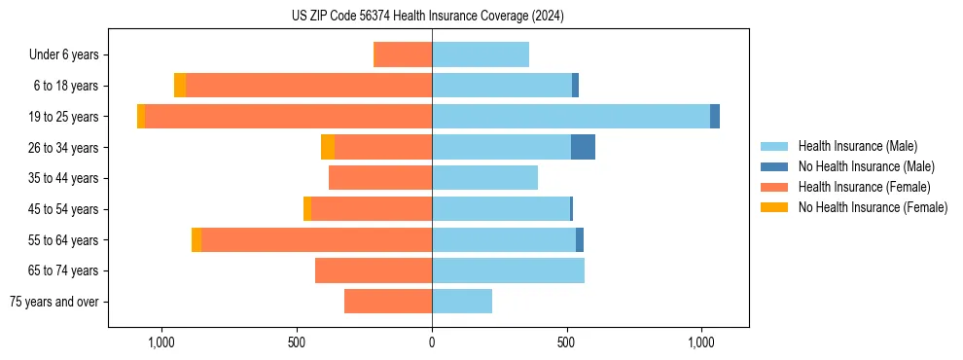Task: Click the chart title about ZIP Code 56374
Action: [427, 16]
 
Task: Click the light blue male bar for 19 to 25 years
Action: [570, 116]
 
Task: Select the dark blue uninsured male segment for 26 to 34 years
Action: [583, 147]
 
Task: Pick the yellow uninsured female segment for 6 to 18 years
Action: [180, 86]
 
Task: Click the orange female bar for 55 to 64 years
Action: [316, 239]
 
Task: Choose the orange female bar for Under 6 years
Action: [403, 54]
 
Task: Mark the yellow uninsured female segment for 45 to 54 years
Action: [307, 209]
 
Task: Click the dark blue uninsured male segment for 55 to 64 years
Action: [580, 239]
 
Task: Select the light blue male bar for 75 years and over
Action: [462, 302]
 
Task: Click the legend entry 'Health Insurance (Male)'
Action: [857, 146]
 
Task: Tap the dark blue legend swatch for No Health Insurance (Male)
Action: [774, 166]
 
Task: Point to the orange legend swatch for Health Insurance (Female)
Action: [774, 187]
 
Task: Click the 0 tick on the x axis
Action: [432, 342]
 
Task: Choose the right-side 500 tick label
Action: [567, 342]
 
